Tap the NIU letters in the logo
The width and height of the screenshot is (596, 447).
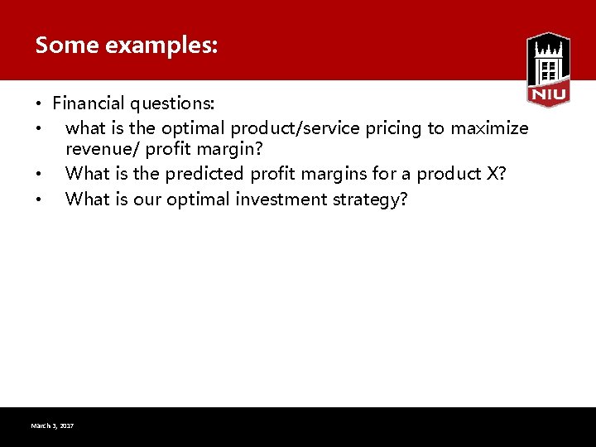[548, 94]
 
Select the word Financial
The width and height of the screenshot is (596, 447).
[88, 103]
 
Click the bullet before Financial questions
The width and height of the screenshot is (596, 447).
[39, 104]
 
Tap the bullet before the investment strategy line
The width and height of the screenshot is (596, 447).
[39, 200]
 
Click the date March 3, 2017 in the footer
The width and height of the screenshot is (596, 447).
[52, 425]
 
